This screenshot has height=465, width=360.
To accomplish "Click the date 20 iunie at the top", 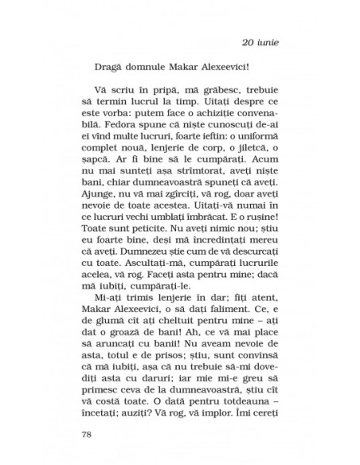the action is point(262,42).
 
